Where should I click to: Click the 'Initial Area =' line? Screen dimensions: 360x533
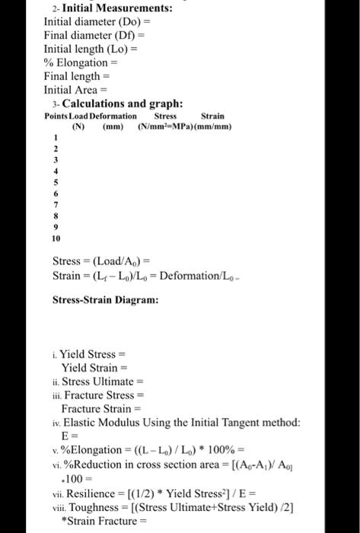click(x=79, y=90)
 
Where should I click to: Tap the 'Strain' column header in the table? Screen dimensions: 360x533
click(x=212, y=116)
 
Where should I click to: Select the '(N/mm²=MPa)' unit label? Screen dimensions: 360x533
click(x=167, y=126)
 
